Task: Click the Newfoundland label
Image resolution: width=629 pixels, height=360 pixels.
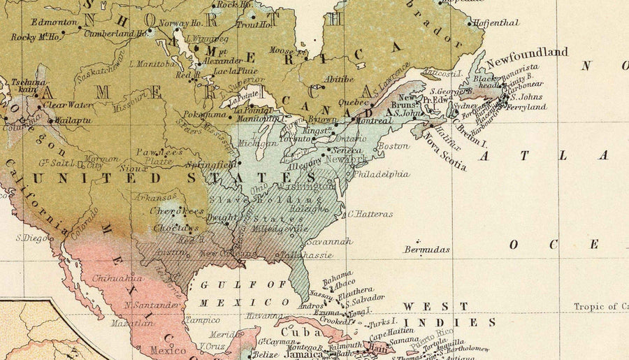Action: (527, 53)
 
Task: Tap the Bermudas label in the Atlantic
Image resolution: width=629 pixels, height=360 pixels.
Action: (426, 249)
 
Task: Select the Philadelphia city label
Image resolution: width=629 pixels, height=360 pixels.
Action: (382, 174)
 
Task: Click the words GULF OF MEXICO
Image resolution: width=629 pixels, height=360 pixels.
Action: (244, 293)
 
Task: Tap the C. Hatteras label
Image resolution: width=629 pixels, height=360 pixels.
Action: (370, 214)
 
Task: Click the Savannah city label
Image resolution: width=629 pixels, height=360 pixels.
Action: (328, 241)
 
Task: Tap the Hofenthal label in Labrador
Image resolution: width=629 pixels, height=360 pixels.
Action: (498, 22)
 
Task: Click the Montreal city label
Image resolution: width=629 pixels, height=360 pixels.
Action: (373, 120)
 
